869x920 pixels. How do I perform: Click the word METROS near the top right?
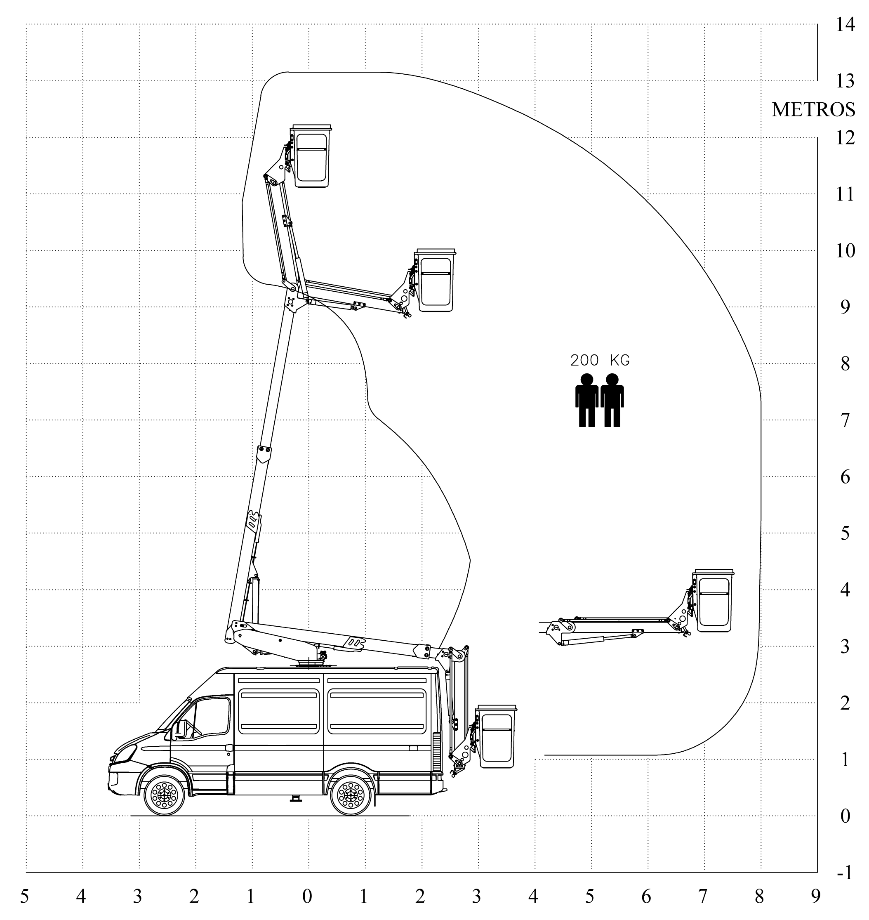813,110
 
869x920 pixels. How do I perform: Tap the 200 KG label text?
600,361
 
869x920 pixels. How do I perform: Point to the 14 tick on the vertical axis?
845,24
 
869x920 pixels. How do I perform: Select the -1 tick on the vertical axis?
845,874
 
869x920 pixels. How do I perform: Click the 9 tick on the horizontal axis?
816,897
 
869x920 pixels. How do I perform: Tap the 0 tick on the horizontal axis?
307,897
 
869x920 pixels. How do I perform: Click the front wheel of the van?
165,795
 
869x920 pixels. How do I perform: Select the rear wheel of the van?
351,795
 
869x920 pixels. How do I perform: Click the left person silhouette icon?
586,400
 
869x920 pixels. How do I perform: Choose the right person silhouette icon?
612,400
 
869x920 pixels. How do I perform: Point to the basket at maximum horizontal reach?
714,600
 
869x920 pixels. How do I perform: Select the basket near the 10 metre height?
436,281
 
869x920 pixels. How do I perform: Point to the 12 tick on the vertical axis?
845,137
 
